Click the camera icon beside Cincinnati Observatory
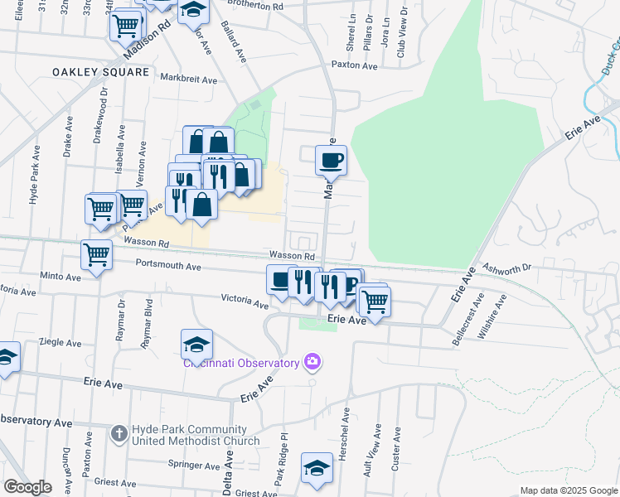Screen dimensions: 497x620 (312, 360)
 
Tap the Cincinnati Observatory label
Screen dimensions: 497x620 (241, 364)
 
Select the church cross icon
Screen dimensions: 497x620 (119, 433)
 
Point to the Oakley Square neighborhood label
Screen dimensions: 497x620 (100, 73)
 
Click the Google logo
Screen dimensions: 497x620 (27, 487)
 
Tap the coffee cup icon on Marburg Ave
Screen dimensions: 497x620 (332, 159)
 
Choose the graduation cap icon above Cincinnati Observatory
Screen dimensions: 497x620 (196, 342)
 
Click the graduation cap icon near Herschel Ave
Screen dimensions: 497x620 (317, 468)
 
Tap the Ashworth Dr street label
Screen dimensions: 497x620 (506, 268)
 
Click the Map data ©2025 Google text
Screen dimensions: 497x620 (568, 490)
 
